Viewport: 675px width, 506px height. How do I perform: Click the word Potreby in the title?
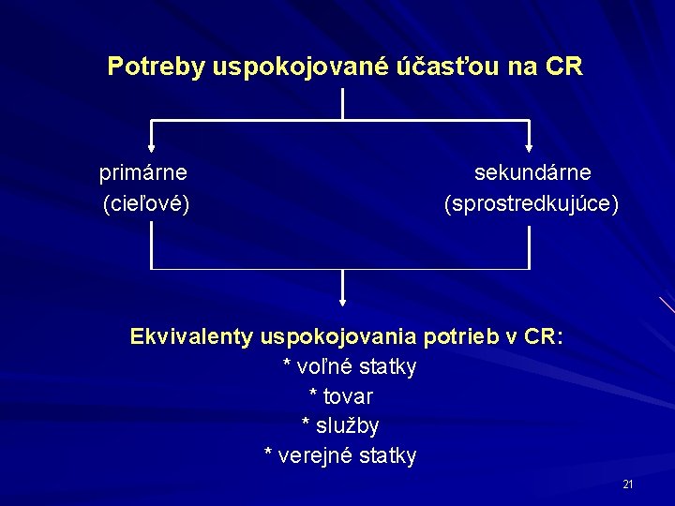click(x=156, y=67)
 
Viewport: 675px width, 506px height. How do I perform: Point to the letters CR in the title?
click(x=565, y=67)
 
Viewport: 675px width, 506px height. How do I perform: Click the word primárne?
click(x=143, y=173)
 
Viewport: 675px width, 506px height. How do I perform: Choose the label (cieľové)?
click(x=146, y=203)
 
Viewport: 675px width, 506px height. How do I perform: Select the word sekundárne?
click(x=532, y=173)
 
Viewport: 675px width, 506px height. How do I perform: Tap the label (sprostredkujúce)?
click(x=532, y=203)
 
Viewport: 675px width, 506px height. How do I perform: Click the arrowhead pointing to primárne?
click(x=151, y=146)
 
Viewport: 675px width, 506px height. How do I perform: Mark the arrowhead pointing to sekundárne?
click(x=530, y=146)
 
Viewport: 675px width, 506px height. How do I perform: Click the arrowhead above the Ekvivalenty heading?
click(x=342, y=302)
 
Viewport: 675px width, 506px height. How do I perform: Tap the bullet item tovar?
click(x=348, y=396)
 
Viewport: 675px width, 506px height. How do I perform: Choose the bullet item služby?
click(x=348, y=426)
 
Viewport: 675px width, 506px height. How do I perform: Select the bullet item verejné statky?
click(x=349, y=456)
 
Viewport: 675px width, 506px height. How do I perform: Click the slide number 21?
click(x=628, y=484)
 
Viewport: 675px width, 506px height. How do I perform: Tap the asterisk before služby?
click(x=307, y=424)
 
